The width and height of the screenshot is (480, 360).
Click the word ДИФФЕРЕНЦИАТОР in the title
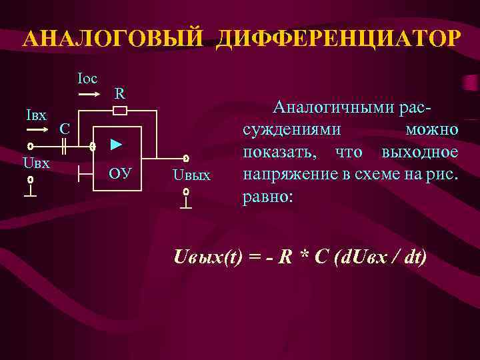point(337,37)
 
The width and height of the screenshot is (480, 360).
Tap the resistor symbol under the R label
point(121,110)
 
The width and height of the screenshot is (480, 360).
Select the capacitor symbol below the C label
point(65,145)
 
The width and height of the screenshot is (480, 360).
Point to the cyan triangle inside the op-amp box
point(116,144)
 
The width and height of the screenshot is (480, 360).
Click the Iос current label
point(87,79)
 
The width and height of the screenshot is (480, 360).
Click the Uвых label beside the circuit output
point(191,175)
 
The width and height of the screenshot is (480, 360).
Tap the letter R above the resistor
point(119,93)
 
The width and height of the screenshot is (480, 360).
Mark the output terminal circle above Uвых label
point(187,159)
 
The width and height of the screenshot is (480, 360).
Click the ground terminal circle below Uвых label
point(187,192)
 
